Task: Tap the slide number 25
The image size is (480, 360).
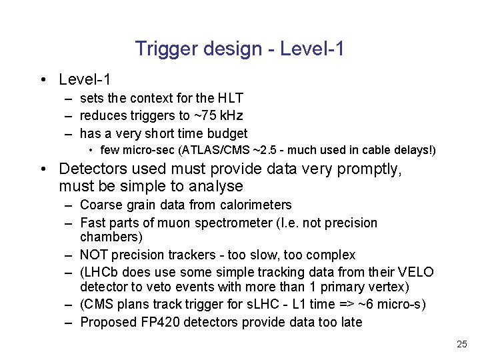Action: tap(461, 345)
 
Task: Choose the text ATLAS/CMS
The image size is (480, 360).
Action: tap(206, 151)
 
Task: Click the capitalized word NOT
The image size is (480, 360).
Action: tap(94, 255)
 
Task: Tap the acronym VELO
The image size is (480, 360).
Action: tap(416, 272)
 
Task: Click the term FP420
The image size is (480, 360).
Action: tap(153, 323)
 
